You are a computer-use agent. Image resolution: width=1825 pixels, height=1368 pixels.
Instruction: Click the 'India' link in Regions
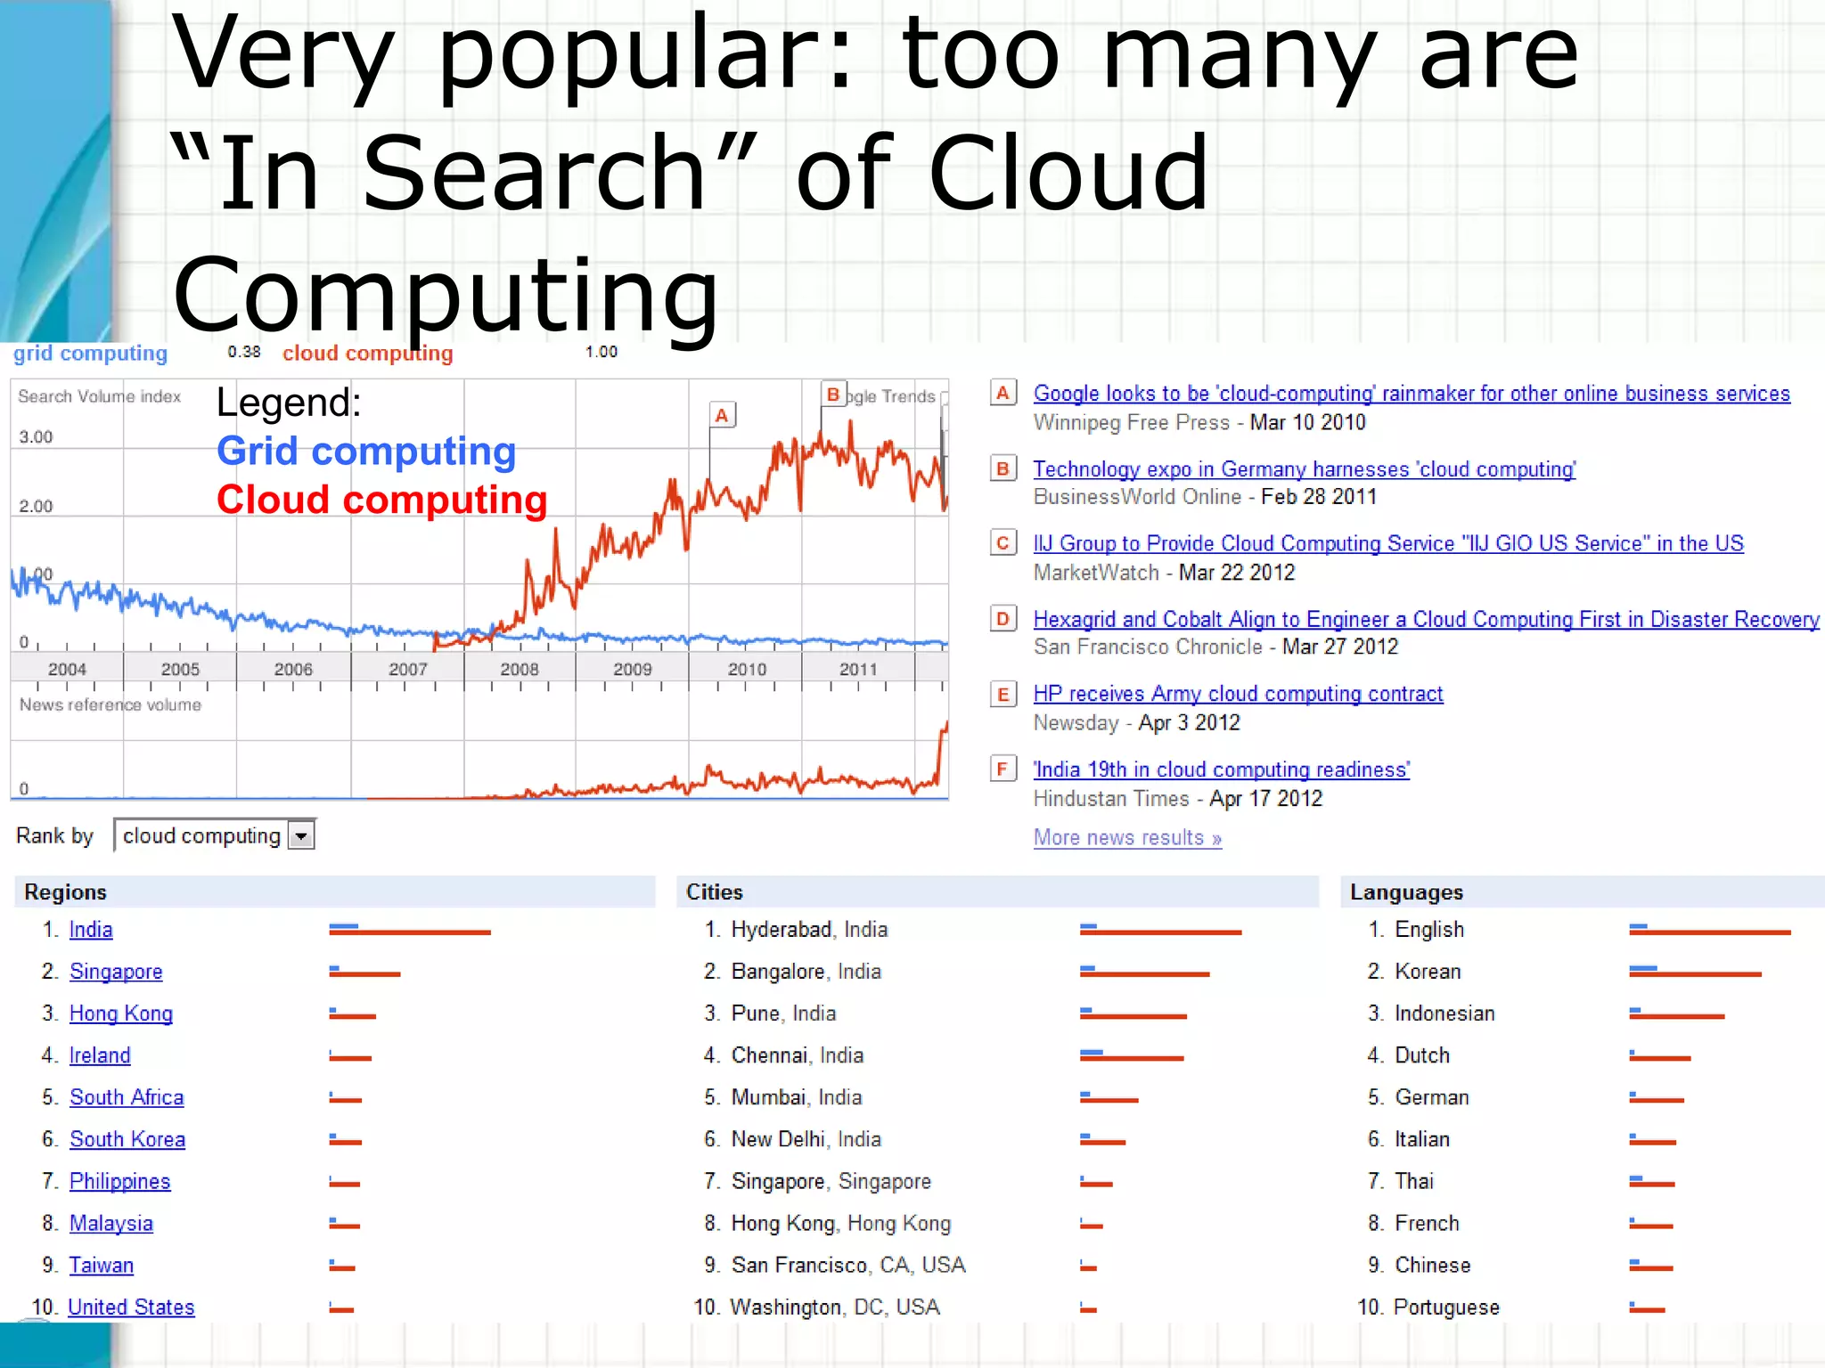(91, 930)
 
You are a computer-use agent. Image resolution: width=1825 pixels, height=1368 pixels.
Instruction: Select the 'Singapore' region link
(116, 972)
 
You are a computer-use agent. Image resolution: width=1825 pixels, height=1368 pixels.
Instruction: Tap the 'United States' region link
(131, 1307)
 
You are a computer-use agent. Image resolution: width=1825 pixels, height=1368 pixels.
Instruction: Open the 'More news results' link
(1127, 838)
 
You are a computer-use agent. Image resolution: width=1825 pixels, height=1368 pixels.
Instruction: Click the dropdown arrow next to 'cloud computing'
(301, 836)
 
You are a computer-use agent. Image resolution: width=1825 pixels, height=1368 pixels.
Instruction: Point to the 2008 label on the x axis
(520, 670)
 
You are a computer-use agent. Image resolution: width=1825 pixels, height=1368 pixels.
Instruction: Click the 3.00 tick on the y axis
(37, 437)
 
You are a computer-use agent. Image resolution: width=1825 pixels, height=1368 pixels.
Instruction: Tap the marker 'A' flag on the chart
(722, 415)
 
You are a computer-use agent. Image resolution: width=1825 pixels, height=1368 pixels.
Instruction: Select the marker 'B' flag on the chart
(833, 395)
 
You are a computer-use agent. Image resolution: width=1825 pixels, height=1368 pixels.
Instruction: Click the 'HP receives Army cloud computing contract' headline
(1238, 694)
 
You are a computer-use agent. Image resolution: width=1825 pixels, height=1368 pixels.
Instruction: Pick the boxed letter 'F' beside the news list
(1003, 769)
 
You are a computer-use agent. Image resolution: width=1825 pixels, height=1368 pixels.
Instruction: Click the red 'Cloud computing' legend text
(381, 500)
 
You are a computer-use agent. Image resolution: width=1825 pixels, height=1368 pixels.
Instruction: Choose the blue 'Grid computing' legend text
(366, 452)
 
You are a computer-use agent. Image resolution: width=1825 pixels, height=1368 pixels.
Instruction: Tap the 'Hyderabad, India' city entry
(809, 930)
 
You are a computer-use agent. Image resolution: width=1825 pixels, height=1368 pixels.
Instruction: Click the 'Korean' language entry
(1428, 972)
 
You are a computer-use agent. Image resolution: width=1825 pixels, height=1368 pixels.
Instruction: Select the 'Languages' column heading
(1406, 892)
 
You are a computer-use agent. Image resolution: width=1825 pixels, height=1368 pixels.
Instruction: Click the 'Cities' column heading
(715, 892)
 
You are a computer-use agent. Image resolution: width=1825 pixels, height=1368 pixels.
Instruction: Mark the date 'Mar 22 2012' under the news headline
(1237, 573)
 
